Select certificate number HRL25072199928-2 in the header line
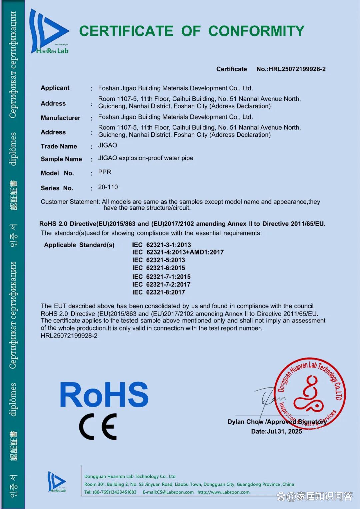pyautogui.click(x=297, y=69)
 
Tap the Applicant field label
pyautogui.click(x=55, y=88)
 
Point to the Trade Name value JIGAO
pyautogui.click(x=107, y=145)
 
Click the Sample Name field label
pyautogui.click(x=61, y=159)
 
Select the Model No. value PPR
pyautogui.click(x=105, y=172)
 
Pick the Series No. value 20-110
pyautogui.click(x=108, y=187)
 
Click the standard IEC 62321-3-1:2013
pyautogui.click(x=161, y=245)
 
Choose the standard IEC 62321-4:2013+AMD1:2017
pyautogui.click(x=178, y=252)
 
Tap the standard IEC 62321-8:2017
pyautogui.click(x=158, y=293)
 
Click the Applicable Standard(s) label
pyautogui.click(x=79, y=245)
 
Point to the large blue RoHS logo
pyautogui.click(x=104, y=395)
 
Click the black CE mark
pyautogui.click(x=98, y=427)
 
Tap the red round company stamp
pyautogui.click(x=310, y=394)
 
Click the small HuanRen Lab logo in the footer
pyautogui.click(x=56, y=482)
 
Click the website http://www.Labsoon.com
pyautogui.click(x=223, y=492)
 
